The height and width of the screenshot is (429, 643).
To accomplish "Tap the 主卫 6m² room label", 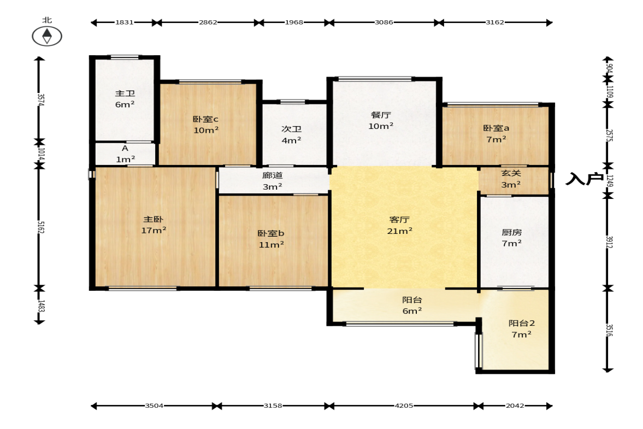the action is [x=125, y=99].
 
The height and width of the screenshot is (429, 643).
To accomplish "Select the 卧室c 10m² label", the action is [x=206, y=125].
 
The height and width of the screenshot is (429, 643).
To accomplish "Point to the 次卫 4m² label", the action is [x=292, y=134].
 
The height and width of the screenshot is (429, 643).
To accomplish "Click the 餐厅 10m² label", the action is [x=381, y=121].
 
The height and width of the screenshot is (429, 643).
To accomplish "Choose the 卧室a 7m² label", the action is [x=496, y=134].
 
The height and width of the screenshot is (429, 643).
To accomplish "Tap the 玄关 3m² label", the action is [x=511, y=179].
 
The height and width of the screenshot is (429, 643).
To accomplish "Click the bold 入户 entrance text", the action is [x=585, y=179].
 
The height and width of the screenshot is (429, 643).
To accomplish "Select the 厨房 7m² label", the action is [x=512, y=238].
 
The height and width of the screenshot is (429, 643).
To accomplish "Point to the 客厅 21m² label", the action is [x=400, y=225].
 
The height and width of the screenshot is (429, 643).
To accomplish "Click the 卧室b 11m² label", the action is [x=271, y=239].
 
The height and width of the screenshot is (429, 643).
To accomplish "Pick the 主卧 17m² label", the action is [x=154, y=225].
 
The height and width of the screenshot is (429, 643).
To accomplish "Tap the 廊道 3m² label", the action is [x=273, y=181].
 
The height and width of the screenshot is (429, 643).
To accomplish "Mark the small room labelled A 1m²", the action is [x=125, y=154].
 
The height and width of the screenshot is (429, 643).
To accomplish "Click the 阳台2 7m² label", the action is [x=522, y=328].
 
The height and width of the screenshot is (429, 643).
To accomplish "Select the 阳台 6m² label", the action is [x=412, y=305].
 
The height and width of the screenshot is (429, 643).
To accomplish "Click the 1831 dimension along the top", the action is [x=124, y=22].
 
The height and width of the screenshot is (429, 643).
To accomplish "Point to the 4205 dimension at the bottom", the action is [x=404, y=406].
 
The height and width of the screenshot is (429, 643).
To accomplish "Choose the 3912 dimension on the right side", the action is [x=609, y=242].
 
